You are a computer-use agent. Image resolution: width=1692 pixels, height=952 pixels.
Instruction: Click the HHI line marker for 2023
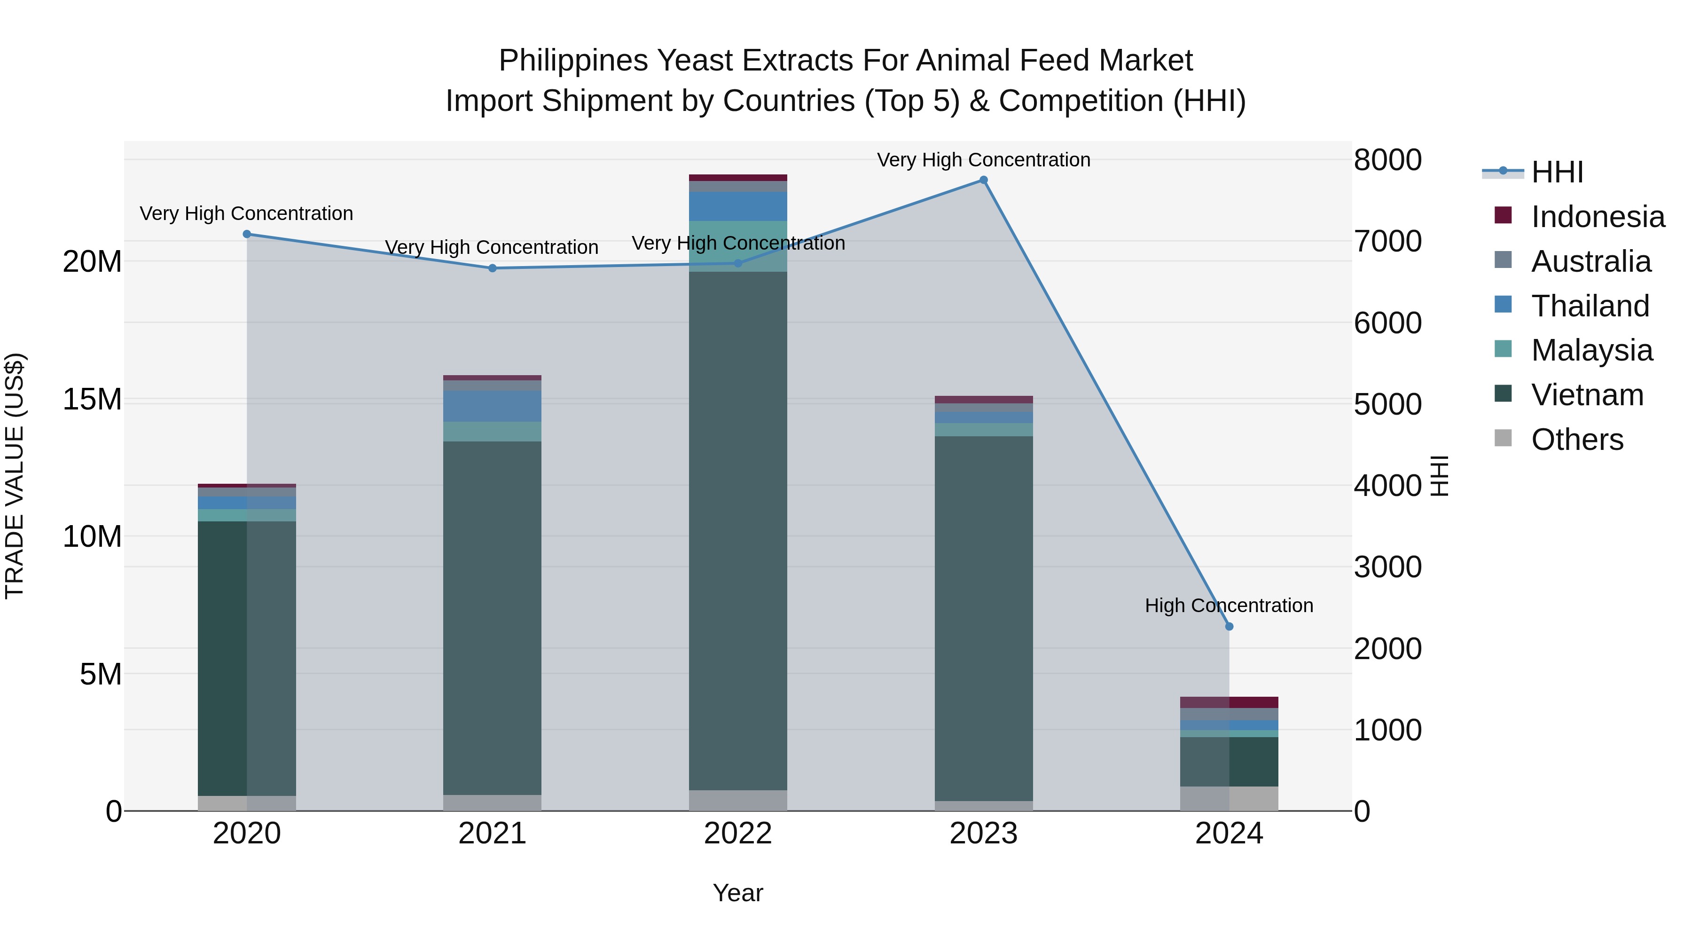coord(983,180)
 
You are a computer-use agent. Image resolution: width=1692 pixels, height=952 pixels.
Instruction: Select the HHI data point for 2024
coord(1229,626)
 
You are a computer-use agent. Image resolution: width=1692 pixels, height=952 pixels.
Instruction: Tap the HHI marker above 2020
coord(247,234)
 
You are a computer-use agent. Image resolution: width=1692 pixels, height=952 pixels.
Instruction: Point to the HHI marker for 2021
coord(492,268)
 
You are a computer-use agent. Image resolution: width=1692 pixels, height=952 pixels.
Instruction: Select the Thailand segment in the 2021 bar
coord(492,406)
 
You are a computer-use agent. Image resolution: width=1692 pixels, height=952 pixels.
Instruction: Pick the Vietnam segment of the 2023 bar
coord(983,618)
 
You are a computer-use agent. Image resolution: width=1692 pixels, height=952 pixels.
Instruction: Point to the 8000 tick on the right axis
coord(1387,160)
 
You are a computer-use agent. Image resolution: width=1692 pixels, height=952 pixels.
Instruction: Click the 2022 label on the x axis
coord(737,834)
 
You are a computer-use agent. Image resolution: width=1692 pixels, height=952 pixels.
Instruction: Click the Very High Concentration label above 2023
coord(983,160)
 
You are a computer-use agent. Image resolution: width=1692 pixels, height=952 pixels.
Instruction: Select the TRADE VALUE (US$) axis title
coord(15,476)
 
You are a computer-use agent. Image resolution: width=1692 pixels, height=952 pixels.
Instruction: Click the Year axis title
coord(737,893)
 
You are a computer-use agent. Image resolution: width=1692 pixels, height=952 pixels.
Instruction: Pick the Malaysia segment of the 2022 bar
coord(737,246)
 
